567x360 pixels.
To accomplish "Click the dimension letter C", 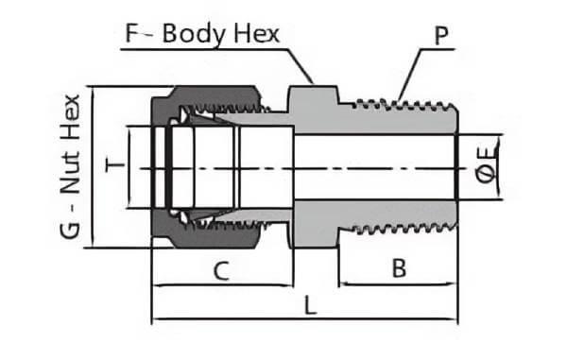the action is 221,271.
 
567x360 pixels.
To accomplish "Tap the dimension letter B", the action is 399,267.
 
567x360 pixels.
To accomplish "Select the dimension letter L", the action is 310,305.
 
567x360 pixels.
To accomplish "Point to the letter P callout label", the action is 441,35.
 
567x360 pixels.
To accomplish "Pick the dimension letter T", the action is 114,165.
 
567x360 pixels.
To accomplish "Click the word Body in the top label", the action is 194,35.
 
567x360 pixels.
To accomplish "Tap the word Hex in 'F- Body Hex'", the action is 257,34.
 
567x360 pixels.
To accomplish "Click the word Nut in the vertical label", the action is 70,173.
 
